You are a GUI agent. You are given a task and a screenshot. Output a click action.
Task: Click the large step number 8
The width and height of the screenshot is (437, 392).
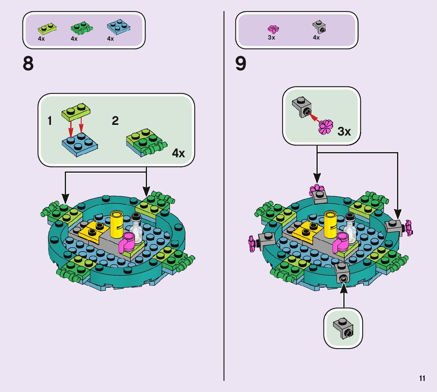pos(28,64)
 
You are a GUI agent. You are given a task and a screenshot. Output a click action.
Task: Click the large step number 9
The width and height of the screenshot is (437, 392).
pos(241,64)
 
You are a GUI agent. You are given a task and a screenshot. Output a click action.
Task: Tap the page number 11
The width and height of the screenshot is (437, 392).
pos(422,379)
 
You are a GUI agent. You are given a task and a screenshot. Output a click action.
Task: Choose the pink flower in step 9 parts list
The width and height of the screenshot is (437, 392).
pos(273,29)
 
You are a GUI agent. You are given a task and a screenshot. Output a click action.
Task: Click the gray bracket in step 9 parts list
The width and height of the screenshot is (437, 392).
pos(319,27)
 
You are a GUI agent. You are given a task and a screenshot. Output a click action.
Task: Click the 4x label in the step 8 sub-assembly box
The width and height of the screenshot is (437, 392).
pos(179,153)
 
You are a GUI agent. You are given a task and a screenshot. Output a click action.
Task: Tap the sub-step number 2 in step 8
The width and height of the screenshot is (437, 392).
pos(115,121)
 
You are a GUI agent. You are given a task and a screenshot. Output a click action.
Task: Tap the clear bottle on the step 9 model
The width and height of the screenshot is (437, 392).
pos(350,229)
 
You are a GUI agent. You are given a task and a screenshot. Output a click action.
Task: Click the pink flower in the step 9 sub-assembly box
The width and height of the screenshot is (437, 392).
pos(326,126)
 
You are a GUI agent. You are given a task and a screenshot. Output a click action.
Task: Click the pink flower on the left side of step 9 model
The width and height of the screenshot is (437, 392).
pos(251,243)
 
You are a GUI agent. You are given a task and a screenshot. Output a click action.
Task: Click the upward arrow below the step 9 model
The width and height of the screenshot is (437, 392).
pos(343,298)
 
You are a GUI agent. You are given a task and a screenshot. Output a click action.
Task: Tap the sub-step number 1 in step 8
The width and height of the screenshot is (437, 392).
pos(50,121)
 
